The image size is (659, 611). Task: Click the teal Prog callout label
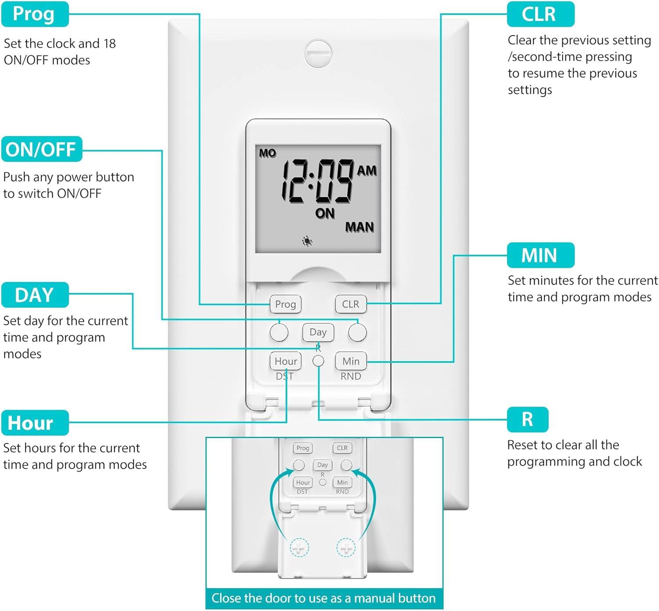(35, 14)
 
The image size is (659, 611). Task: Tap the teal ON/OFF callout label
(41, 149)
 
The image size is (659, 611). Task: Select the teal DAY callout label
(35, 295)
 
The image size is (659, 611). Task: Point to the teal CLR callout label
(540, 14)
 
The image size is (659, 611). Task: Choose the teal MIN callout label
(540, 255)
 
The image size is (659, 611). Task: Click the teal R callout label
(527, 419)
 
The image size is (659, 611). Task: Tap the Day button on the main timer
(318, 332)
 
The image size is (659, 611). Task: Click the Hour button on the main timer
(286, 361)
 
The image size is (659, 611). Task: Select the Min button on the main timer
(351, 361)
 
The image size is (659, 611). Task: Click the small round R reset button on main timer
(318, 361)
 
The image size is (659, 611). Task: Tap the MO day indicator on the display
(268, 153)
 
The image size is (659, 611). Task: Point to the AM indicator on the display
(367, 171)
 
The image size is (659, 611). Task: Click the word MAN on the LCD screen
(359, 227)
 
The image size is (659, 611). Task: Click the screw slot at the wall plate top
(318, 53)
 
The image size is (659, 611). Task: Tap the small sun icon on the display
(307, 241)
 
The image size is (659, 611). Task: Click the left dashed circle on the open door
(299, 548)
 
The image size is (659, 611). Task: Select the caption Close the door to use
(324, 598)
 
